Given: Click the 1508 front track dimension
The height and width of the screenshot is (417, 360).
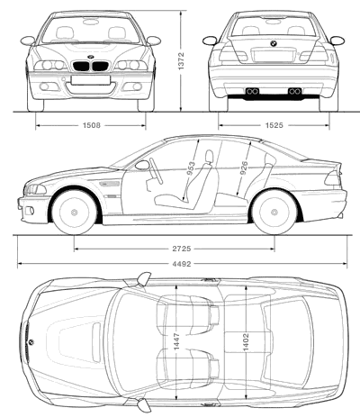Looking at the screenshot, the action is click(92, 125).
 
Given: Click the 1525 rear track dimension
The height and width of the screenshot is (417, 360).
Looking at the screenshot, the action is click(274, 125).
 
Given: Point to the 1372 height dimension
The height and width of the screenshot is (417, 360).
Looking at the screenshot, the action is click(181, 61).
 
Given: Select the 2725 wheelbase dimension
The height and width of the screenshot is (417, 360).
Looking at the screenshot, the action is click(182, 249).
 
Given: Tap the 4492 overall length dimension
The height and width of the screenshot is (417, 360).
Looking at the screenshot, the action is click(182, 264).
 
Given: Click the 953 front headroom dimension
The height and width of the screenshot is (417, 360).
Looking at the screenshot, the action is click(191, 168).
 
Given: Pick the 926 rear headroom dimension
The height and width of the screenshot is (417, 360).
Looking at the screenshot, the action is click(244, 168).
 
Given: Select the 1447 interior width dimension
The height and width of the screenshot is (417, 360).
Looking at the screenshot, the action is click(176, 341).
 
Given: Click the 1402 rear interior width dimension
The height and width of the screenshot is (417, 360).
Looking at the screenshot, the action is click(246, 341).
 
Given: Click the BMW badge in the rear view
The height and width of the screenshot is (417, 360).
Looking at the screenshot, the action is click(274, 43).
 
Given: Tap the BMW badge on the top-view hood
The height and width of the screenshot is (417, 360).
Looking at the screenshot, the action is click(31, 342).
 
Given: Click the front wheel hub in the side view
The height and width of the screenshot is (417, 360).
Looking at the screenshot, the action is click(74, 213).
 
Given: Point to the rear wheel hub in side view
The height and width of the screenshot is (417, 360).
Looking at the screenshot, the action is click(274, 213).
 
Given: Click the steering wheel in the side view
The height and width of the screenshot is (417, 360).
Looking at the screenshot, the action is click(156, 170).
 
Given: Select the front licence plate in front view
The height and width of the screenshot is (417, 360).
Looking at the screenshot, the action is click(91, 80).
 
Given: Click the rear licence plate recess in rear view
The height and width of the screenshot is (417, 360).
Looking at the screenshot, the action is click(273, 56).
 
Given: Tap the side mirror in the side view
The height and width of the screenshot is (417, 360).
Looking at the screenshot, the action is click(142, 165).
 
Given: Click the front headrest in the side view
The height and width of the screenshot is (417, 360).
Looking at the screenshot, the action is click(209, 157).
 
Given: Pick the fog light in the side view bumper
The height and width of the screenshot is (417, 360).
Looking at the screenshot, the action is click(30, 211).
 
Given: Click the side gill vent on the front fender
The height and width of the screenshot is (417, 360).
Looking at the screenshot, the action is click(109, 183).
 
